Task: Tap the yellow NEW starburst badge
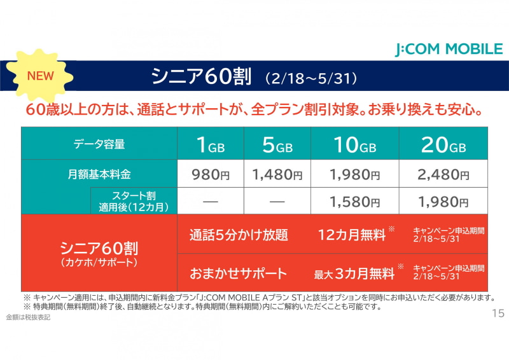tap(40, 75)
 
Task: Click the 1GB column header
tap(211, 144)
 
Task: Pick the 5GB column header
tap(277, 144)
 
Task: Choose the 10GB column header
tap(354, 144)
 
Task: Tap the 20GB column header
tap(443, 144)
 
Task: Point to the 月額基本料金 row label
tap(101, 174)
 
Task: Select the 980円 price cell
tap(211, 174)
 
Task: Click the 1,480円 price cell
tap(277, 174)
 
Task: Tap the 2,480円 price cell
tap(443, 174)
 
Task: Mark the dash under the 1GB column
tap(211, 202)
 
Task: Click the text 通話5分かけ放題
tap(239, 235)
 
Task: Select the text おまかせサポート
tap(239, 273)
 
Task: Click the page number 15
tap(498, 314)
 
